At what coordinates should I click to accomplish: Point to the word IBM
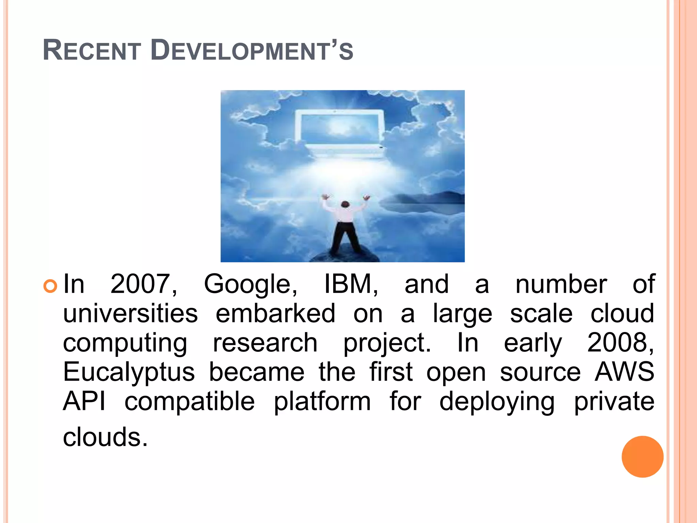[x=351, y=284]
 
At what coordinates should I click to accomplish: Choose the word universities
[x=130, y=313]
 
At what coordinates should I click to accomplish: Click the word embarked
[x=276, y=313]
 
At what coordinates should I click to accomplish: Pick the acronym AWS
[x=624, y=372]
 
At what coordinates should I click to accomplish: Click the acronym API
[x=84, y=401]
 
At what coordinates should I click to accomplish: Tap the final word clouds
[x=105, y=437]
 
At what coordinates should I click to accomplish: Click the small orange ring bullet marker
[x=50, y=286]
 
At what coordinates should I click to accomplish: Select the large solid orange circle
[x=642, y=457]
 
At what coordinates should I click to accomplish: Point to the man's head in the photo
[x=345, y=204]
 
